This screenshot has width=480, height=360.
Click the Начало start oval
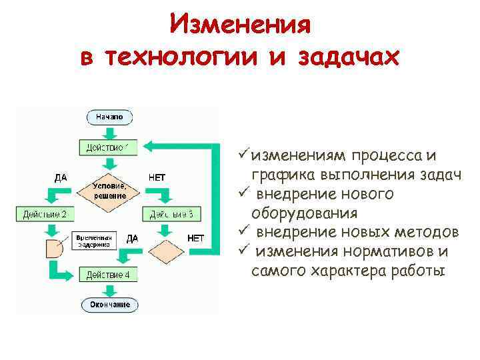point(109,117)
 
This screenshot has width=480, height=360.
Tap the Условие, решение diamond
point(109,191)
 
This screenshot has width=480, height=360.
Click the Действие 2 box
point(45,215)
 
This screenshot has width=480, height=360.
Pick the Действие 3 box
point(171,215)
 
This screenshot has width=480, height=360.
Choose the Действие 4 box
point(109,275)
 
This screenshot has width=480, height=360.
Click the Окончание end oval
point(110,305)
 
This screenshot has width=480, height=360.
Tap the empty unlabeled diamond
point(165,253)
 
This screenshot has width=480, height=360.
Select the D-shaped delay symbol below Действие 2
point(53,250)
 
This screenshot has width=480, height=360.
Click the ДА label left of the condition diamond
point(60,177)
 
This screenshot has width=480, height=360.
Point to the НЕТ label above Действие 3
point(157,177)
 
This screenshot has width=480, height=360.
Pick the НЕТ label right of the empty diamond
point(196,238)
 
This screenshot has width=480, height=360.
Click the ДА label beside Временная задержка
point(132,238)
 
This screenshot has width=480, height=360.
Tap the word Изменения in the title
point(240,25)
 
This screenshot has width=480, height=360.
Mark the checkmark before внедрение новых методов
point(243,232)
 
